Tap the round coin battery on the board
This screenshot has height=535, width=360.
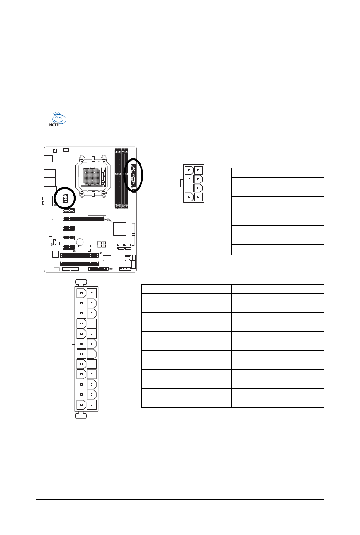(x=81, y=243)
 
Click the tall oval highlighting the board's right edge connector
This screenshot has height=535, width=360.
(x=134, y=175)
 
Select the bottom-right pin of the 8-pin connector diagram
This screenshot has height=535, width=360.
(x=199, y=197)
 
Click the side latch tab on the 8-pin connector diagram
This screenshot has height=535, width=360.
(x=182, y=183)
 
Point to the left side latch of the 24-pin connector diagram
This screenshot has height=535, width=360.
(x=73, y=348)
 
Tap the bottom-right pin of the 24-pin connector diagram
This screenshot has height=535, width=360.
(x=92, y=404)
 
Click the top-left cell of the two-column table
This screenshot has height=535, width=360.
(x=243, y=172)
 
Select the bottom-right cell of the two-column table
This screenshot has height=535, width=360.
(x=290, y=250)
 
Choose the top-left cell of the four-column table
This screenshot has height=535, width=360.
(x=154, y=289)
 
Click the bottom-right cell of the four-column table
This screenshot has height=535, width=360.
(x=290, y=403)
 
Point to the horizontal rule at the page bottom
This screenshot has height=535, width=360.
(x=180, y=500)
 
